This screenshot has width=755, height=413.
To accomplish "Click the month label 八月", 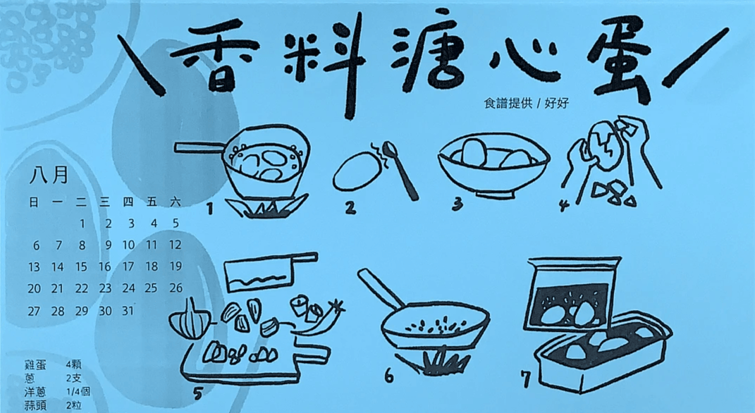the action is click(49, 175).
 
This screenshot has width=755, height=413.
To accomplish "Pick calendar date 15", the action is click(81, 266).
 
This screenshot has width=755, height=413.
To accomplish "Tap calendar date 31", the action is click(128, 311).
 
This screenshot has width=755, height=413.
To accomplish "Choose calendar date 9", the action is click(109, 245).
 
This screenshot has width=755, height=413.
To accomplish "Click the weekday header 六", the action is click(176, 202).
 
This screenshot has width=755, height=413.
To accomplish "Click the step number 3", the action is click(458, 204).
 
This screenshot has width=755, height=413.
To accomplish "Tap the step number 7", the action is click(527, 379).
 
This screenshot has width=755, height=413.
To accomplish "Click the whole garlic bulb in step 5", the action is click(189, 320).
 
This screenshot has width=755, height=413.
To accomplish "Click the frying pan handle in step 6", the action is click(381, 288).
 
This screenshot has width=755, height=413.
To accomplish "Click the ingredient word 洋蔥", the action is click(35, 393).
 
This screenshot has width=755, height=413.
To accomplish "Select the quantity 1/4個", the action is click(78, 393).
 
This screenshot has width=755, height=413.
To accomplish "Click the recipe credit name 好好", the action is click(557, 103).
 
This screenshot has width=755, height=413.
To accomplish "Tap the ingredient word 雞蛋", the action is click(35, 365).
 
